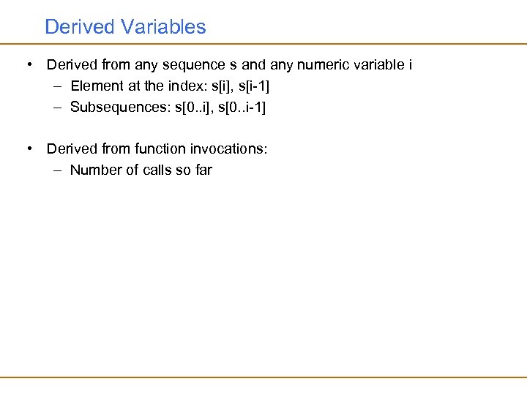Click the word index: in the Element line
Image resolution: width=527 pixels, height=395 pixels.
186,86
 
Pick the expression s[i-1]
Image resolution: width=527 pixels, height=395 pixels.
253,86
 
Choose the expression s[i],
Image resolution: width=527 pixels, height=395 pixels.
222,86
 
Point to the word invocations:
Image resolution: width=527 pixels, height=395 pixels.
229,149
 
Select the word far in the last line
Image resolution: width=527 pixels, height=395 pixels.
203,170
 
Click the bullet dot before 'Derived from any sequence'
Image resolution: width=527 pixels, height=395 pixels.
29,65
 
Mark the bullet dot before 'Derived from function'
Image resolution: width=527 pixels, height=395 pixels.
29,149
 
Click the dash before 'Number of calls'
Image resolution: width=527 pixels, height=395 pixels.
57,170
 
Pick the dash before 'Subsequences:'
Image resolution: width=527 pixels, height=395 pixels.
57,108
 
